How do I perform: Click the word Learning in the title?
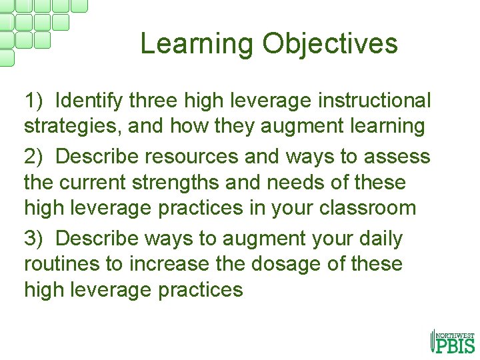(197, 45)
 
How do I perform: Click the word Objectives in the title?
(329, 45)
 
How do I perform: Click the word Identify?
(89, 101)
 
